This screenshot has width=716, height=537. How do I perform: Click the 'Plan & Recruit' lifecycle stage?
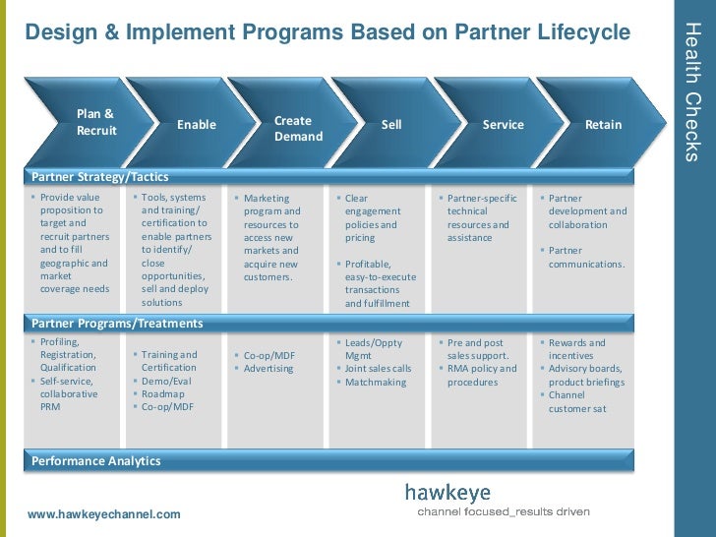point(95,122)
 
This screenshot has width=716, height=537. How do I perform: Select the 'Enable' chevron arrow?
point(196,125)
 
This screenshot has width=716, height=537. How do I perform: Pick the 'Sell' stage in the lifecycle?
point(391,125)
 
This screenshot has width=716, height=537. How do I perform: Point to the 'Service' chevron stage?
point(503,125)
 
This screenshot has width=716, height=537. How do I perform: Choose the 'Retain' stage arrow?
point(603,125)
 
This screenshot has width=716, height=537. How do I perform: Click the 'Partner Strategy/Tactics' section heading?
point(100,177)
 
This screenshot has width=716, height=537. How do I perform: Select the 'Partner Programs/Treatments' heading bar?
point(117,323)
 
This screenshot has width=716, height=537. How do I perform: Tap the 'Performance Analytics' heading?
point(95,460)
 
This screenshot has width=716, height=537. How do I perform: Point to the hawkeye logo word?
point(447,493)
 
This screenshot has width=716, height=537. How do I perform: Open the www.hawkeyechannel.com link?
point(104,514)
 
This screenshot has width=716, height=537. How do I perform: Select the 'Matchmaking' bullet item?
point(375,382)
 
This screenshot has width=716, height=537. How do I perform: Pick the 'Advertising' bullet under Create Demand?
point(268,369)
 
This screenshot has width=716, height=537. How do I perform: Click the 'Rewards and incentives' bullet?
point(576,349)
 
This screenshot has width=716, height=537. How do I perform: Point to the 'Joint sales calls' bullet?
point(378,369)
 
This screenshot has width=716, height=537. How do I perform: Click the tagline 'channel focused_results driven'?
point(504,512)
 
